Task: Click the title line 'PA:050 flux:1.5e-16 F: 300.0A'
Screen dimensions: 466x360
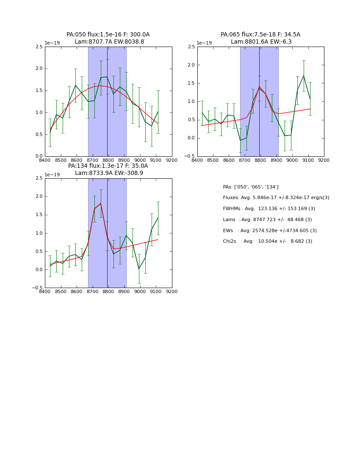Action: click(108, 35)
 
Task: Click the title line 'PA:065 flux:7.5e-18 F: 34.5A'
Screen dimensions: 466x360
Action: click(260, 35)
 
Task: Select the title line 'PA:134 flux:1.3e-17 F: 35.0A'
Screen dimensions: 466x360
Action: click(108, 166)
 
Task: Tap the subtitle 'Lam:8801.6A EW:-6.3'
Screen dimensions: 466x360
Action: click(261, 42)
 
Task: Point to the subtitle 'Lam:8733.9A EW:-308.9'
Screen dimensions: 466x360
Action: click(109, 173)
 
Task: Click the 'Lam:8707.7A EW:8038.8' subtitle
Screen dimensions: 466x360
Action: click(109, 42)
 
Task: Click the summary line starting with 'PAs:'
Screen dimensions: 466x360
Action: click(250, 187)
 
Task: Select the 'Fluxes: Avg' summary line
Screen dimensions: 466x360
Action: click(276, 198)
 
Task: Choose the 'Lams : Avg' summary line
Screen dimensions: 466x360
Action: click(267, 220)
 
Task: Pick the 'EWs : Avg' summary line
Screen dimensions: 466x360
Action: click(270, 231)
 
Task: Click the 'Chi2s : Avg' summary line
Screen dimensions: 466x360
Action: click(267, 241)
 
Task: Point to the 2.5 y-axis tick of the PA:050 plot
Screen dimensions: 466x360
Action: click(39, 47)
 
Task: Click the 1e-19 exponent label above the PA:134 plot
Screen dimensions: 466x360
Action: click(53, 175)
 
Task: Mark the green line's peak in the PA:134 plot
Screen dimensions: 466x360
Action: click(101, 203)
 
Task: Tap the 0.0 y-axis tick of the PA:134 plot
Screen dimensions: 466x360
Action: click(39, 269)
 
